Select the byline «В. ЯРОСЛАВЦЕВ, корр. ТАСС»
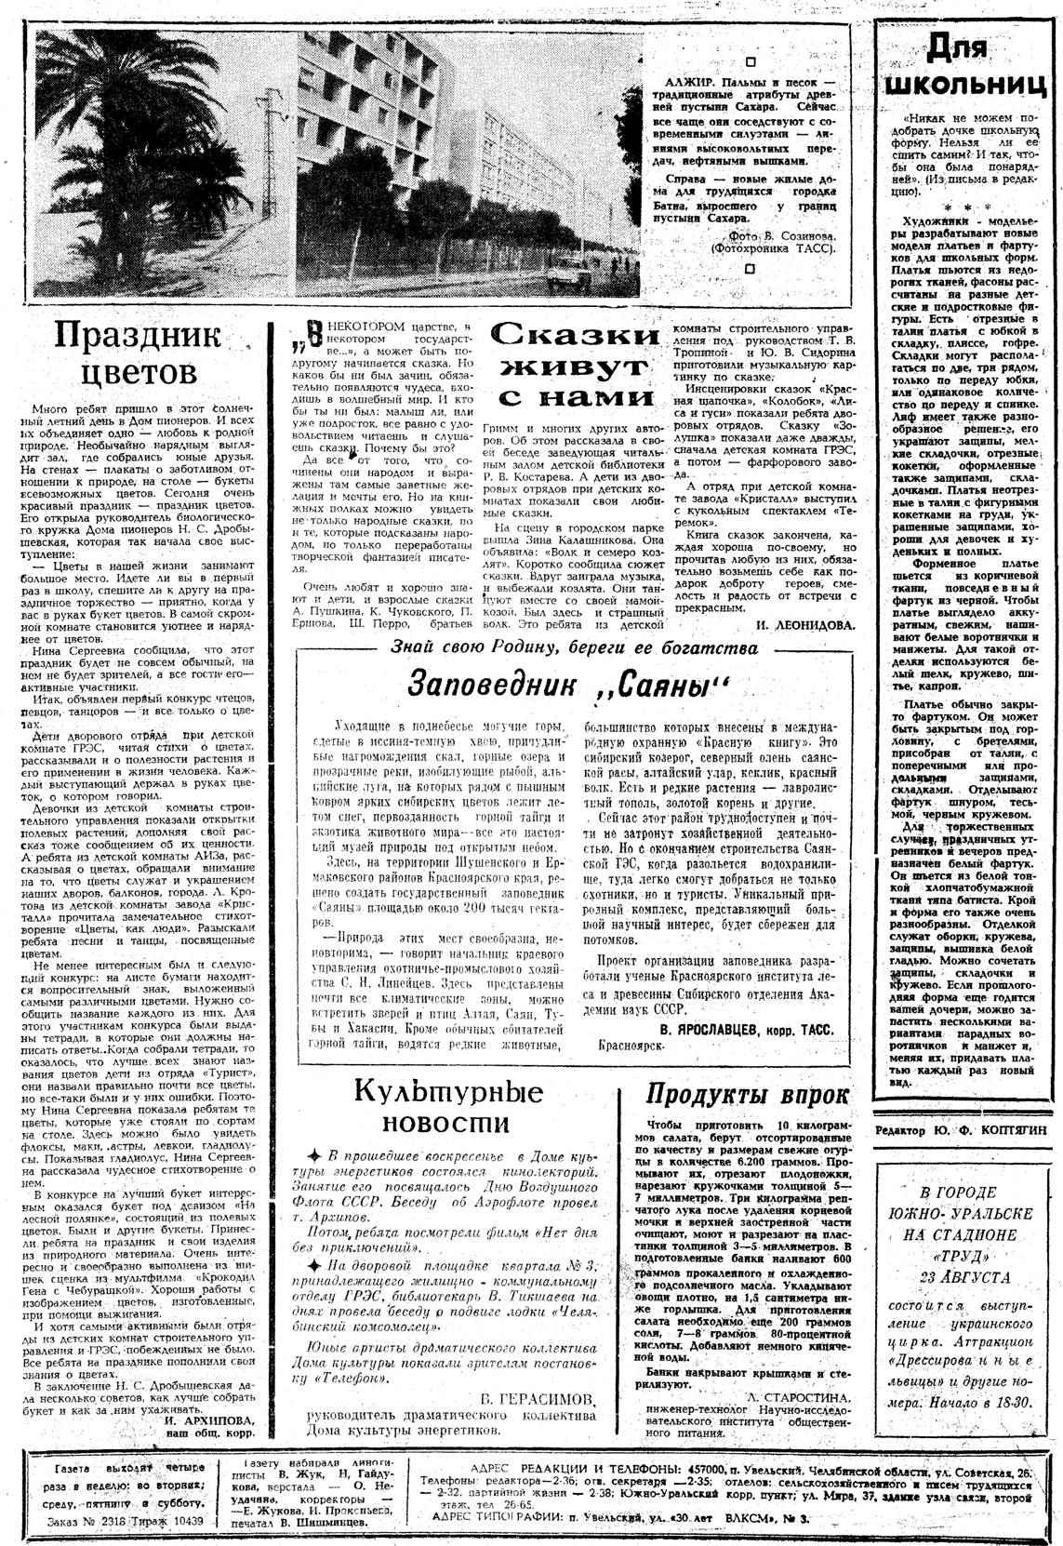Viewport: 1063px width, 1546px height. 745,1030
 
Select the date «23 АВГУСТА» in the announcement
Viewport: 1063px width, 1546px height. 958,1278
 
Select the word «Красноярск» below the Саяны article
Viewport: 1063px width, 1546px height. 636,1046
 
